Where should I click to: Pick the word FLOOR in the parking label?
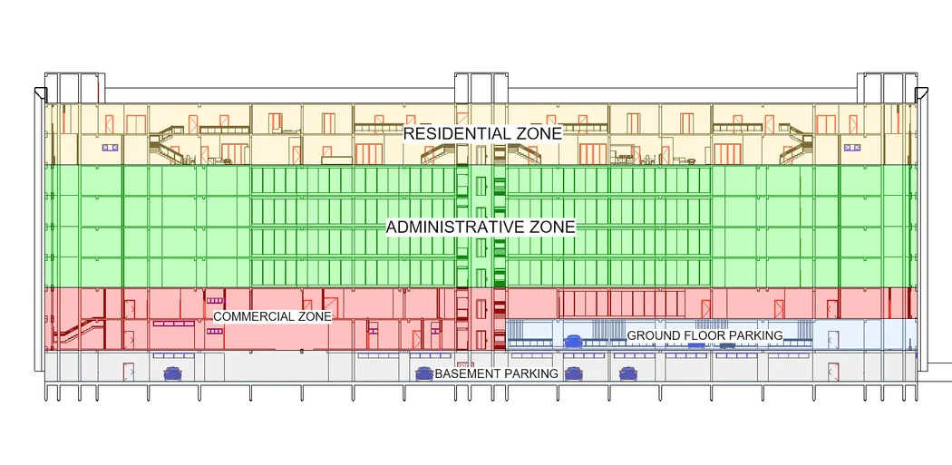pyautogui.click(x=699, y=335)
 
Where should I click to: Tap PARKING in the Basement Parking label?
pyautogui.click(x=531, y=373)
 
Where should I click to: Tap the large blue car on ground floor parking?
pyautogui.click(x=573, y=342)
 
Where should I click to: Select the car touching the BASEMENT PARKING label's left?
pyautogui.click(x=423, y=373)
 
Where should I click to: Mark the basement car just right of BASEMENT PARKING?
pyautogui.click(x=573, y=373)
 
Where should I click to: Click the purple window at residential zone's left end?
pyautogui.click(x=111, y=146)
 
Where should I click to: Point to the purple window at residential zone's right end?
pyautogui.click(x=852, y=146)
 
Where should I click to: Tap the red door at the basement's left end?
pyautogui.click(x=128, y=371)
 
